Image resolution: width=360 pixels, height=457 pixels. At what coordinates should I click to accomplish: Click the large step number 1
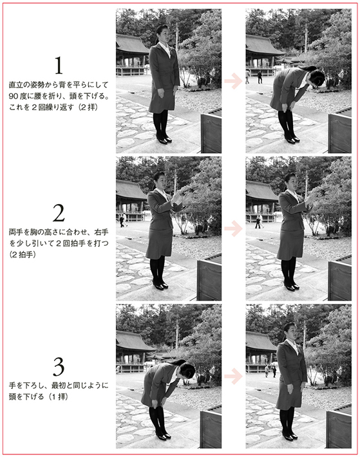coord(59,65)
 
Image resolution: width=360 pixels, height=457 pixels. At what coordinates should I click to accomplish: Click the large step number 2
coord(59,213)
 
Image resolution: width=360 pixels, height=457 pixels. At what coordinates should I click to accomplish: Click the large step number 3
coord(59,367)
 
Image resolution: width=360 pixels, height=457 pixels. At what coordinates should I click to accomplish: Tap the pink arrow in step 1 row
coord(233,80)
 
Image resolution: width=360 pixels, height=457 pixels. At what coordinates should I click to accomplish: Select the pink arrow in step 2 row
coord(233,228)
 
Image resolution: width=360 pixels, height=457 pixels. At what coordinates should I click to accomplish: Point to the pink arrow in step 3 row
coord(233,376)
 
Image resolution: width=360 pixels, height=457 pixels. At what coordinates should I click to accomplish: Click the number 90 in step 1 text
coord(14,96)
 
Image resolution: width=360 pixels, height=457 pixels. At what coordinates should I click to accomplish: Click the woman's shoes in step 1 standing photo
coord(164,139)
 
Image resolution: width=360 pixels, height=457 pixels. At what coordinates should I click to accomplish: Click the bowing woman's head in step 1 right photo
coord(316,77)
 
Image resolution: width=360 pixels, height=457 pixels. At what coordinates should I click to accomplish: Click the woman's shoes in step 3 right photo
coord(289,436)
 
